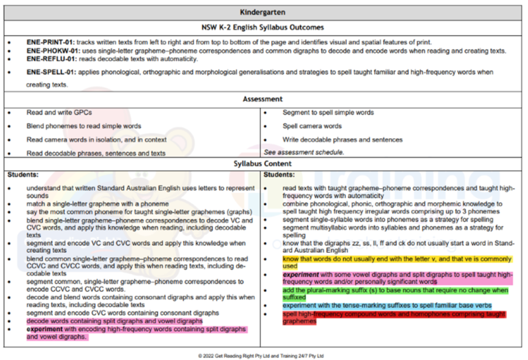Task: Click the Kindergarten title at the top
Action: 264,12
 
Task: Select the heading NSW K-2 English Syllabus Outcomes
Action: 264,27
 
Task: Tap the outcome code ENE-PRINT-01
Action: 49,42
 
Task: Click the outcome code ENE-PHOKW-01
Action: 52,51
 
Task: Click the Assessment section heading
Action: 264,99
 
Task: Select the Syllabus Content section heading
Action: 264,164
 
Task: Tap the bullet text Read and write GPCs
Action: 59,112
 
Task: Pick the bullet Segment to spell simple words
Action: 328,112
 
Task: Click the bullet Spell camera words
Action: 312,126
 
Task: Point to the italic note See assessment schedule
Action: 302,153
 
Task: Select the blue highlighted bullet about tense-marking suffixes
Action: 386,305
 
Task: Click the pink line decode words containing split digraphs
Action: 114,321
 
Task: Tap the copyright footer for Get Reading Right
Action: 264,355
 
